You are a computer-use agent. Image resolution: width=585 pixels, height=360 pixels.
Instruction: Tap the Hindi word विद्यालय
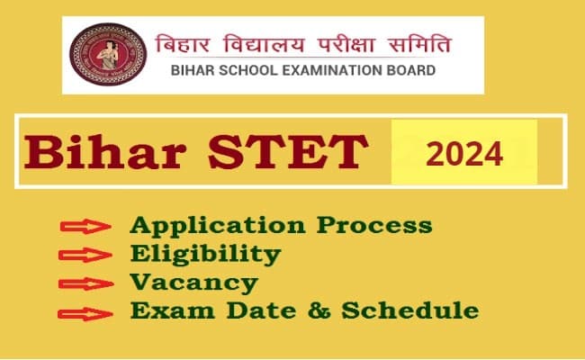pos(258,42)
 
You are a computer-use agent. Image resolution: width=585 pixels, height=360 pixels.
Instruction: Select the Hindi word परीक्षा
pos(341,42)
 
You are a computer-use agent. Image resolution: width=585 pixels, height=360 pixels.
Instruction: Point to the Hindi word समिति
pos(417,42)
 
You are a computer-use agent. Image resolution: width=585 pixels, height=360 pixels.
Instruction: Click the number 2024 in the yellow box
pos(463,154)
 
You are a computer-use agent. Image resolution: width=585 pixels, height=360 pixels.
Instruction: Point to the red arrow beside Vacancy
pos(86,285)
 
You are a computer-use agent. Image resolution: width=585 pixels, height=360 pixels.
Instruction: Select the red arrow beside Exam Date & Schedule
pos(86,314)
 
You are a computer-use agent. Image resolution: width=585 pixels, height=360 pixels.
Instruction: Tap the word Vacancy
pos(194,283)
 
